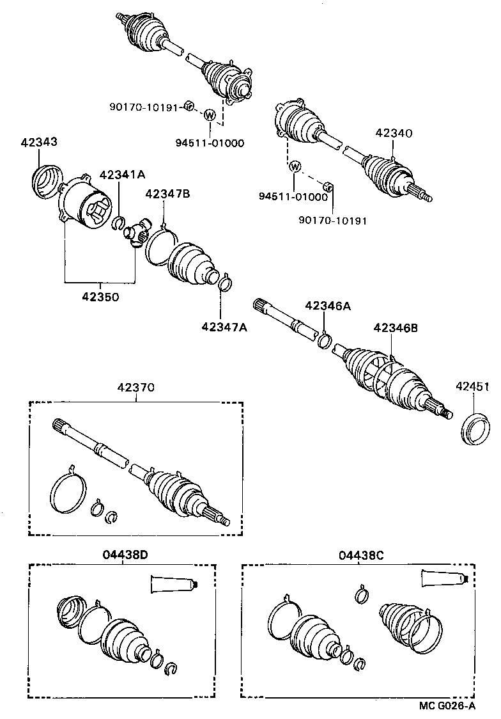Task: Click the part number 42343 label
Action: tap(38, 142)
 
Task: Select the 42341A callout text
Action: tap(122, 175)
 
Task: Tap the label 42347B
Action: tap(167, 194)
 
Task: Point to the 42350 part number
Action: tap(100, 297)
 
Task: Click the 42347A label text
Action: tap(224, 327)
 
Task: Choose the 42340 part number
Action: tap(394, 134)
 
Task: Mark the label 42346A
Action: tap(328, 306)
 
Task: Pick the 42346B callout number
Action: tap(396, 328)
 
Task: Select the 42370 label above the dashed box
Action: tap(135, 387)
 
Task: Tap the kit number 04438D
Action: tap(125, 555)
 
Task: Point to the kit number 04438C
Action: tap(361, 555)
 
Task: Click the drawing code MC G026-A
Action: tap(447, 706)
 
